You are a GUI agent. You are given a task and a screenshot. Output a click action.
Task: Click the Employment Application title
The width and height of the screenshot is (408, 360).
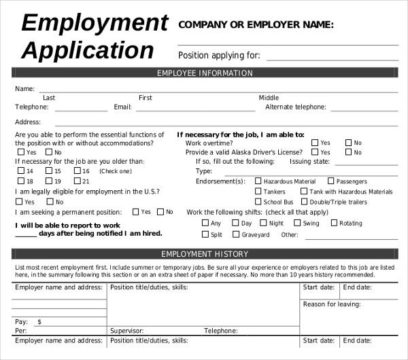tap(94, 37)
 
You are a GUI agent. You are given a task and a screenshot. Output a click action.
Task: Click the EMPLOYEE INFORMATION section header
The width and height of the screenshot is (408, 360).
tap(205, 73)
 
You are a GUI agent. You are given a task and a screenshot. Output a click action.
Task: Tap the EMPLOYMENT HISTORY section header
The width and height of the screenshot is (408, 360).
tap(205, 254)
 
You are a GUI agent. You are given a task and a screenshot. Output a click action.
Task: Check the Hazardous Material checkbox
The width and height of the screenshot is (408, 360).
tap(258, 181)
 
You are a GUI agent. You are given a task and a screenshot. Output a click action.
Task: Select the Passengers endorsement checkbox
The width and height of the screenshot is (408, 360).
tap(331, 181)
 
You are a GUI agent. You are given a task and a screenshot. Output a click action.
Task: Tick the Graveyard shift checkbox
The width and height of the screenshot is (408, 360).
tap(237, 234)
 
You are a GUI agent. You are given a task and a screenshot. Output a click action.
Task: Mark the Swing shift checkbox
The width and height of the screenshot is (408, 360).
tap(297, 223)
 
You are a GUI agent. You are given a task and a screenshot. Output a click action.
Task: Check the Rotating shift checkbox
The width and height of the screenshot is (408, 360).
tap(334, 223)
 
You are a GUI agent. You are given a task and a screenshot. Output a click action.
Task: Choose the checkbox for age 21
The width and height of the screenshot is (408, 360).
tap(77, 181)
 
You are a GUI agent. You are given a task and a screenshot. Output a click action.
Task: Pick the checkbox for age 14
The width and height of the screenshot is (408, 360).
tap(20, 171)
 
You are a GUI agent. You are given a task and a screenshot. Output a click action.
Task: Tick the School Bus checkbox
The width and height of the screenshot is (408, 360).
tap(258, 202)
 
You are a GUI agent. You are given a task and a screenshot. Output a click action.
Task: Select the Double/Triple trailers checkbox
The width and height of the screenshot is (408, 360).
tap(304, 202)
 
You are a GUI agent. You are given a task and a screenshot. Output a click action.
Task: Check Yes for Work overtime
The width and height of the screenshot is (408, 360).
tap(315, 143)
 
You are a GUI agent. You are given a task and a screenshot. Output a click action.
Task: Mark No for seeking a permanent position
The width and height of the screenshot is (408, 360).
tap(160, 212)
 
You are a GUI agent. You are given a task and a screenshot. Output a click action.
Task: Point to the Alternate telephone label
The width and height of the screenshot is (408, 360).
tap(295, 107)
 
